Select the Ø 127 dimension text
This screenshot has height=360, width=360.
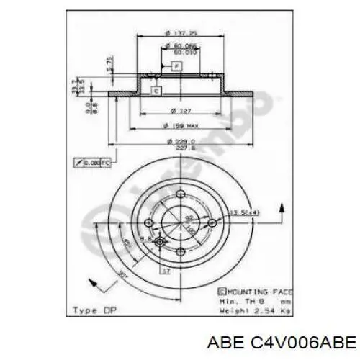pos(177,110)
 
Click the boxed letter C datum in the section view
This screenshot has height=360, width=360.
pos(156,91)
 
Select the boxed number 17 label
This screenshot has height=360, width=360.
pos(166,271)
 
